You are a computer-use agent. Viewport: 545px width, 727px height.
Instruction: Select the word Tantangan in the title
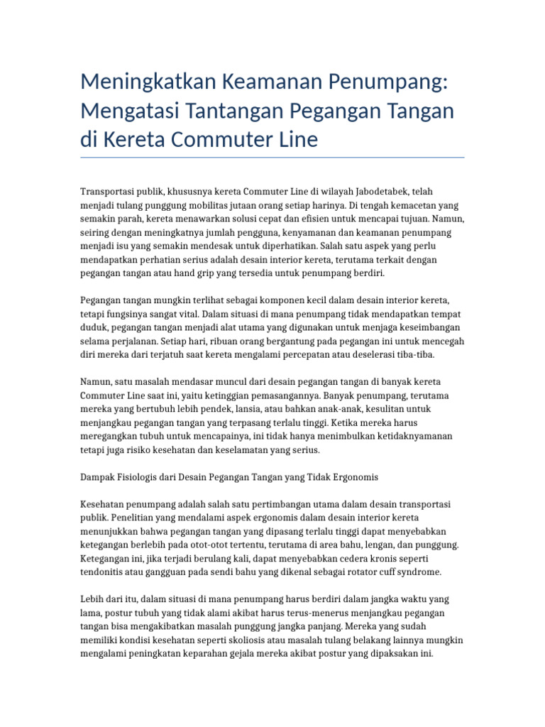tap(245, 111)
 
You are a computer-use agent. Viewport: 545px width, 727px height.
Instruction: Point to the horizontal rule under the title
tap(272, 157)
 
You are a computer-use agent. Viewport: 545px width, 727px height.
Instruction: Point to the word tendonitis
tap(103, 572)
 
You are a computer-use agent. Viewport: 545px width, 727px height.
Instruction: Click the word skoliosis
tap(238, 640)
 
